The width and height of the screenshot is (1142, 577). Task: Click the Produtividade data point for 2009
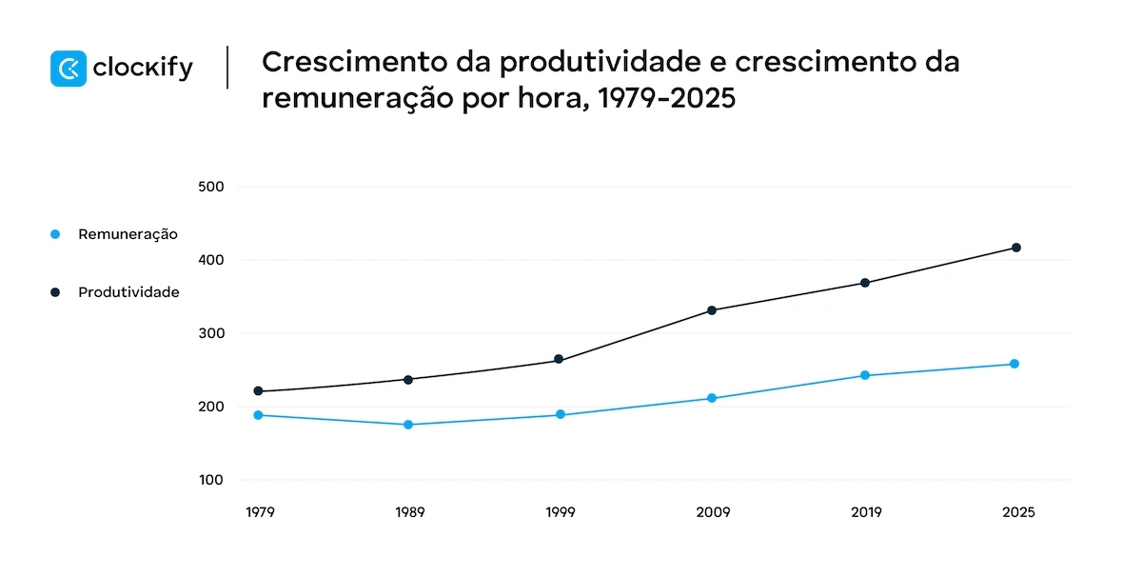712,310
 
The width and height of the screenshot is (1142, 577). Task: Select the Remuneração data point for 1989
408,425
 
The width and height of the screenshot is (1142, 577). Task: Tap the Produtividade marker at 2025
1016,248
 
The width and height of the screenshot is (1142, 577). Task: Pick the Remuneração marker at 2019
864,375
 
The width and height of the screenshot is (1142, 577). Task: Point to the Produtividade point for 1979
258,391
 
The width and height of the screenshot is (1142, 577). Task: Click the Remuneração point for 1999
560,414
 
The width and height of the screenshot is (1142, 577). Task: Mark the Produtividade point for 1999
559,360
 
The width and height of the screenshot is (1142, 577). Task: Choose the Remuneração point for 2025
1014,364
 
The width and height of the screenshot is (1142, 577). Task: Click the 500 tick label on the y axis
210,187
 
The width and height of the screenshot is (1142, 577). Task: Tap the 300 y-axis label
210,333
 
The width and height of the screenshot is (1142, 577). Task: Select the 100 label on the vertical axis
210,480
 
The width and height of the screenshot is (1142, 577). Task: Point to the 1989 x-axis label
409,512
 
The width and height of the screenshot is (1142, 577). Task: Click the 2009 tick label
713,512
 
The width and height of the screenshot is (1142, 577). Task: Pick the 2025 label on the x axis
1017,512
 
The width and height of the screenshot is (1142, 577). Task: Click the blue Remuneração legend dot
55,234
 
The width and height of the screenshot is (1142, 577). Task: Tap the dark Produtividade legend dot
55,292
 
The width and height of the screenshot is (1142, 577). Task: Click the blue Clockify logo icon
69,69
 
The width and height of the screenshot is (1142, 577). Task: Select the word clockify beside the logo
143,69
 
